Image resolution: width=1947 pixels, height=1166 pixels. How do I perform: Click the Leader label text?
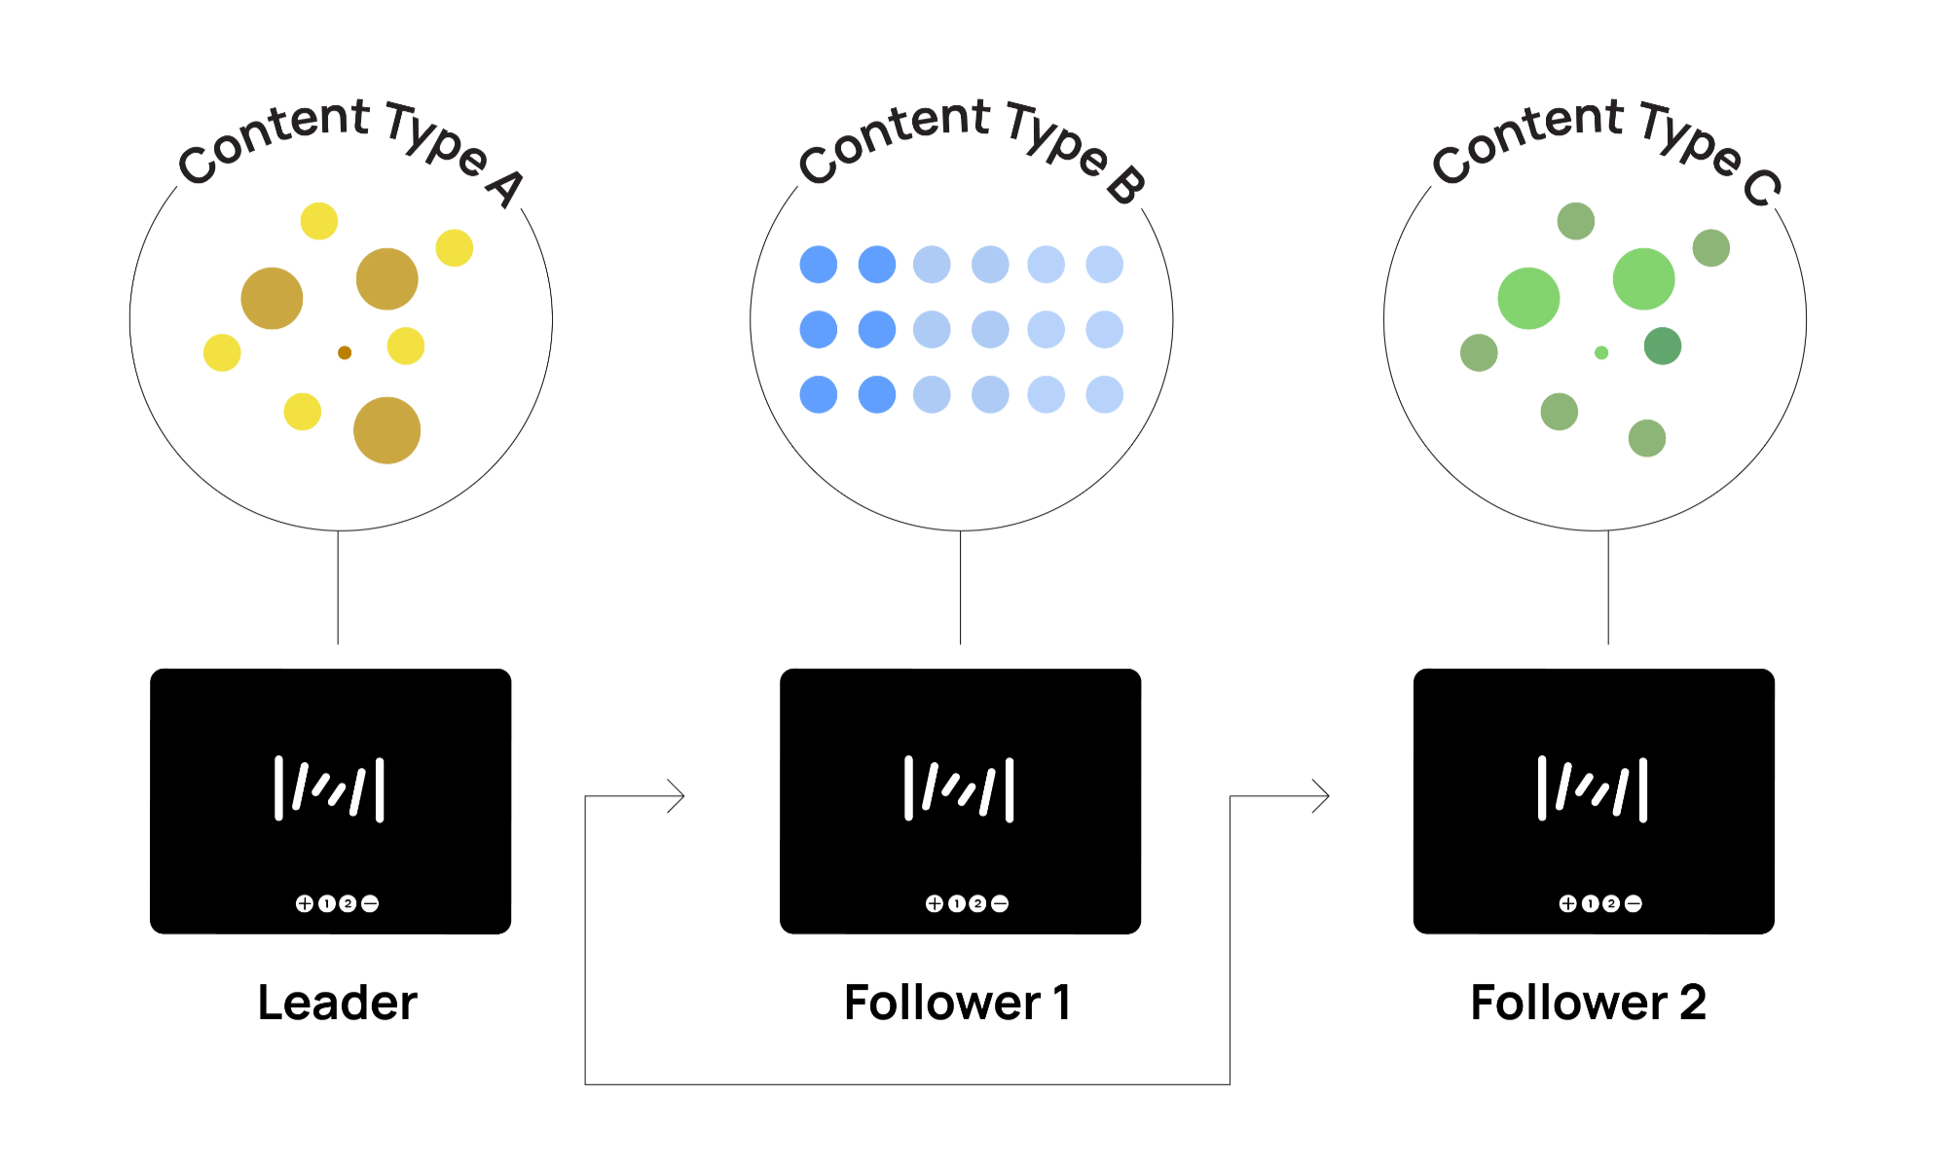point(337,1002)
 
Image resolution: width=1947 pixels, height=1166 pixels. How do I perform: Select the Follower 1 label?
point(958,1002)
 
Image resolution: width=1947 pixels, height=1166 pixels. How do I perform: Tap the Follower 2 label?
point(1589,1002)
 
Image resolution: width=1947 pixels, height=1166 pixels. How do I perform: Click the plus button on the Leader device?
point(305,903)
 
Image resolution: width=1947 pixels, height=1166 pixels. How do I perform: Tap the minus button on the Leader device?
point(370,903)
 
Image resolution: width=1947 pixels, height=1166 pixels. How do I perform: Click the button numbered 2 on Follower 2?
point(1611,903)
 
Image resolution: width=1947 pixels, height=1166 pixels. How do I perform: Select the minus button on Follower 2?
point(1634,903)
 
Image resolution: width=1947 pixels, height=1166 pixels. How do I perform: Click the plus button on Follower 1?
point(935,903)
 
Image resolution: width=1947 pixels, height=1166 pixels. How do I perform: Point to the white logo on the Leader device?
point(329,788)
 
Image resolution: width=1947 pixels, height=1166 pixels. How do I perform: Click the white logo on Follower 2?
point(1593,788)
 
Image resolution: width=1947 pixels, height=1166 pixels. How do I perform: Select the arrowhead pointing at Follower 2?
point(1322,796)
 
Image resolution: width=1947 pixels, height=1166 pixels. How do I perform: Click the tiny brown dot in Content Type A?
point(345,352)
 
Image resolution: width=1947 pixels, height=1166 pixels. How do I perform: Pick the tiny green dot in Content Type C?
point(1601,352)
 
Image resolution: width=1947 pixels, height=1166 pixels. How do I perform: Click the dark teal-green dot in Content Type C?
point(1663,346)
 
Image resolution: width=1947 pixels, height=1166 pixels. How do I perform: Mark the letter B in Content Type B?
point(1126,185)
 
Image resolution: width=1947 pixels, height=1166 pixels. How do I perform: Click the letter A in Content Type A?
point(506,187)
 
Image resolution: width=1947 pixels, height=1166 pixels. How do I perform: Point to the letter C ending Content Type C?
point(1763,187)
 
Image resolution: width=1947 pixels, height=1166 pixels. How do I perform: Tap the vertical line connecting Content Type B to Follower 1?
point(960,587)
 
